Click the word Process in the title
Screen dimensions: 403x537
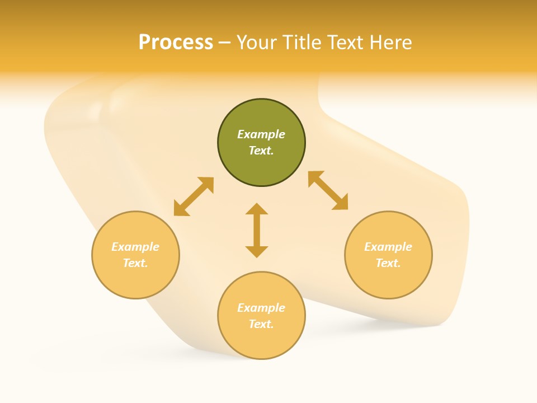[x=176, y=43]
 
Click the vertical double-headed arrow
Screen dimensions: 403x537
[x=257, y=230]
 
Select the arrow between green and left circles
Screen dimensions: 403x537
[x=194, y=196]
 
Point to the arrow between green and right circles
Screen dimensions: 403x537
[x=328, y=190]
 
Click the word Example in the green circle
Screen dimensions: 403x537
[x=261, y=134]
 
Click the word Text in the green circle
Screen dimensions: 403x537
[x=261, y=151]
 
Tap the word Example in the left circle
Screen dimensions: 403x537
[x=135, y=247]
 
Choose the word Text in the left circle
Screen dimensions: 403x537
[x=135, y=263]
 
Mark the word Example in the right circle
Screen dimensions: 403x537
[x=388, y=247]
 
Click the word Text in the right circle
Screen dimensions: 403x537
[x=388, y=263]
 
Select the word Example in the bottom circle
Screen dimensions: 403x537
[x=261, y=308]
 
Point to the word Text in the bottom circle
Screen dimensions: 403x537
[x=261, y=324]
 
